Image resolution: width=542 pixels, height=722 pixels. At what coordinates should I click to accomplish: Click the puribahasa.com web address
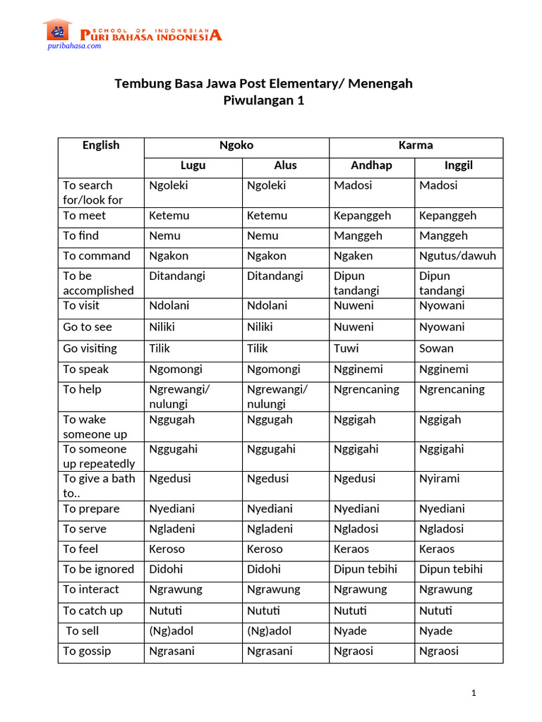74,46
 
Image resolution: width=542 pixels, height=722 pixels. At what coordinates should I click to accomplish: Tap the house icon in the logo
59,30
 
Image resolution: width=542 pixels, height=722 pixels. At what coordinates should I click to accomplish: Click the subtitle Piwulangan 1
263,100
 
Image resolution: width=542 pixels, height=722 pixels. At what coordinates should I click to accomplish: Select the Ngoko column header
236,145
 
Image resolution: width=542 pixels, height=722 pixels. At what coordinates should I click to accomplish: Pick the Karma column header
416,145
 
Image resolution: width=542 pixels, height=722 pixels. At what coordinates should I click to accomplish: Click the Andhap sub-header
371,166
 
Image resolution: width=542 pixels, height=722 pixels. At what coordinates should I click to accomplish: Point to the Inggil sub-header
459,166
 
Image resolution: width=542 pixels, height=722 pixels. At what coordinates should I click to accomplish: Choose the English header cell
101,145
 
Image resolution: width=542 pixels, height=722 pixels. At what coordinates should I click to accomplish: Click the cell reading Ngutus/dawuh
457,256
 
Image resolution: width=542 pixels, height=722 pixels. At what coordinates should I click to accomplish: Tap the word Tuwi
346,348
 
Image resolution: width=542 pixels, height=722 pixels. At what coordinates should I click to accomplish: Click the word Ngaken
353,256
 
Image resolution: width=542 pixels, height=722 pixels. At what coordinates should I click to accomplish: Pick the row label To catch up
92,611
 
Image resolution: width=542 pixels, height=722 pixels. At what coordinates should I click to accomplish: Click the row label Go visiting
90,348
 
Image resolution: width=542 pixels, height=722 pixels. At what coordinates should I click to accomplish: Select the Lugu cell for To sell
171,631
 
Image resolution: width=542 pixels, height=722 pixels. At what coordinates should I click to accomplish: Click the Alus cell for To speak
273,369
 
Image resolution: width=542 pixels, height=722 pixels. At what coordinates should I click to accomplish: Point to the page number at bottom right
474,693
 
